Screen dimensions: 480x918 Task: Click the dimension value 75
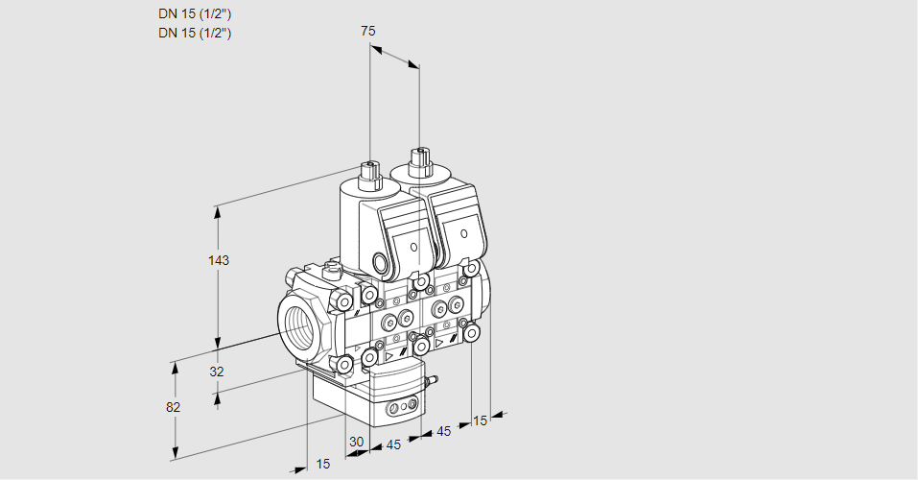(x=367, y=31)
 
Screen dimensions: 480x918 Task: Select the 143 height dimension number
(x=221, y=260)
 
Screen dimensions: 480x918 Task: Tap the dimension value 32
(x=217, y=372)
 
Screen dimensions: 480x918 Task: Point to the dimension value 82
(x=173, y=407)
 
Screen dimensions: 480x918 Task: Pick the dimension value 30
(x=356, y=442)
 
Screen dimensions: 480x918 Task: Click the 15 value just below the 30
(x=322, y=464)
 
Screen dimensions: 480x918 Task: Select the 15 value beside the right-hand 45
(x=480, y=420)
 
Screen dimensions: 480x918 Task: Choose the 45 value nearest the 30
(x=392, y=444)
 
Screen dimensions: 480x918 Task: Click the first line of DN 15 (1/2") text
(x=195, y=13)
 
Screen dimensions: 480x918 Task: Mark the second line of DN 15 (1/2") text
(x=195, y=33)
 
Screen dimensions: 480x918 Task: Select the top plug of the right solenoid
(x=417, y=160)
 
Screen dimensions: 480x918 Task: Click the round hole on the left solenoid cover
(x=414, y=248)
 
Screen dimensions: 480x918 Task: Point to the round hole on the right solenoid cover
(x=464, y=233)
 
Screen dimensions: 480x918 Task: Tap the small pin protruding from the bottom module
(x=431, y=381)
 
